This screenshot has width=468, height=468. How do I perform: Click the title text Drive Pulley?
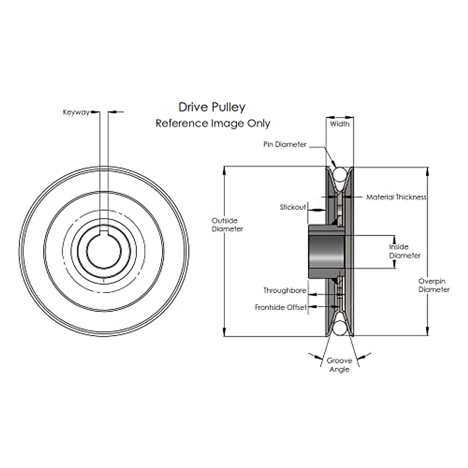[x=212, y=107]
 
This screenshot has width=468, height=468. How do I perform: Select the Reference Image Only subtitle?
[x=213, y=123]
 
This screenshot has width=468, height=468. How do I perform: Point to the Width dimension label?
[x=340, y=124]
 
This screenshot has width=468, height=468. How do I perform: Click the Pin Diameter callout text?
[x=285, y=144]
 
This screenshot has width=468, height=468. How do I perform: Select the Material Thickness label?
[x=396, y=197]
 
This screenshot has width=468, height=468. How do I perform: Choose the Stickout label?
[x=292, y=207]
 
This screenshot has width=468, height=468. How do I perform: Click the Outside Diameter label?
[x=227, y=225]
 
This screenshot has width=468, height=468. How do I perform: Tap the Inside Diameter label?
[x=405, y=251]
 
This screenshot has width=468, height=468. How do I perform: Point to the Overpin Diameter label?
[x=434, y=285]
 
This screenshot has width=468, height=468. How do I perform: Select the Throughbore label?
[x=284, y=291]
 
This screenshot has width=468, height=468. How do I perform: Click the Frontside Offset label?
[x=281, y=307]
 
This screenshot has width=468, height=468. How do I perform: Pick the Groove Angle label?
[x=339, y=365]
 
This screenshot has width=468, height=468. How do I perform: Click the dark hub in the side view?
[x=326, y=252]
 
